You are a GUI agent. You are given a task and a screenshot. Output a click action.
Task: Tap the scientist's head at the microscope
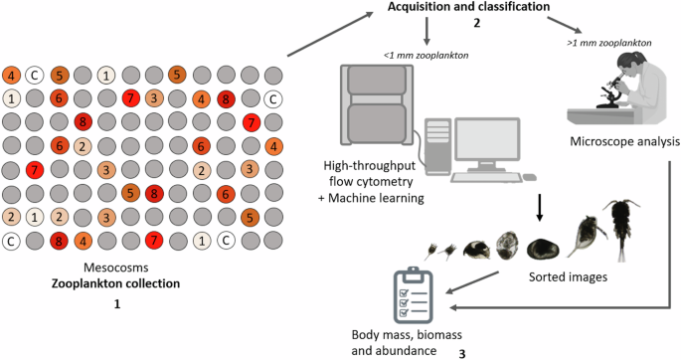point(622,67)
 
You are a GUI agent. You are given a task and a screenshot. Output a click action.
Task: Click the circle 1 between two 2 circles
point(35,217)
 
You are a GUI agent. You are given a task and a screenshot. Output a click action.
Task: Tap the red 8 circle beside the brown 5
point(153,193)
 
